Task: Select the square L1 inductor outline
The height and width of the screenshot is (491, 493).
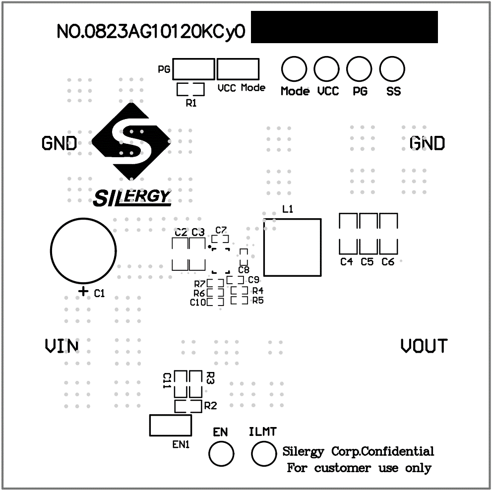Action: coord(292,247)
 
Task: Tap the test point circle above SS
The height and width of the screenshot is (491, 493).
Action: coord(392,69)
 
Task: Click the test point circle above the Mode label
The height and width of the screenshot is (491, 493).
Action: coord(294,69)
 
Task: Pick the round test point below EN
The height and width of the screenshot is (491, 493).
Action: coord(221,453)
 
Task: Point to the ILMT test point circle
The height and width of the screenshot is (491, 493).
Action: coord(264,453)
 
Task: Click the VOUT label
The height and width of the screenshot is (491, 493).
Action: coord(424,346)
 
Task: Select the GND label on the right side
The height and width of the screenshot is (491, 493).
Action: coord(427,143)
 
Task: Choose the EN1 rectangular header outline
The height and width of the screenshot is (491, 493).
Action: coord(170,426)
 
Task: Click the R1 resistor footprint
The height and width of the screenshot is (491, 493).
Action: coord(191,89)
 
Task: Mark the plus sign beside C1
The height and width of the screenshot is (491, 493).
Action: coord(83,292)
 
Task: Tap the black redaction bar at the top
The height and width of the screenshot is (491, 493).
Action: coord(344,27)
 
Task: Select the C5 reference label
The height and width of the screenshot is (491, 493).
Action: coord(367,262)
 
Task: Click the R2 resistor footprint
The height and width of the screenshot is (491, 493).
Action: coord(188,406)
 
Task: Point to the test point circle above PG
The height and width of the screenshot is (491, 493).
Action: coord(359,69)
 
